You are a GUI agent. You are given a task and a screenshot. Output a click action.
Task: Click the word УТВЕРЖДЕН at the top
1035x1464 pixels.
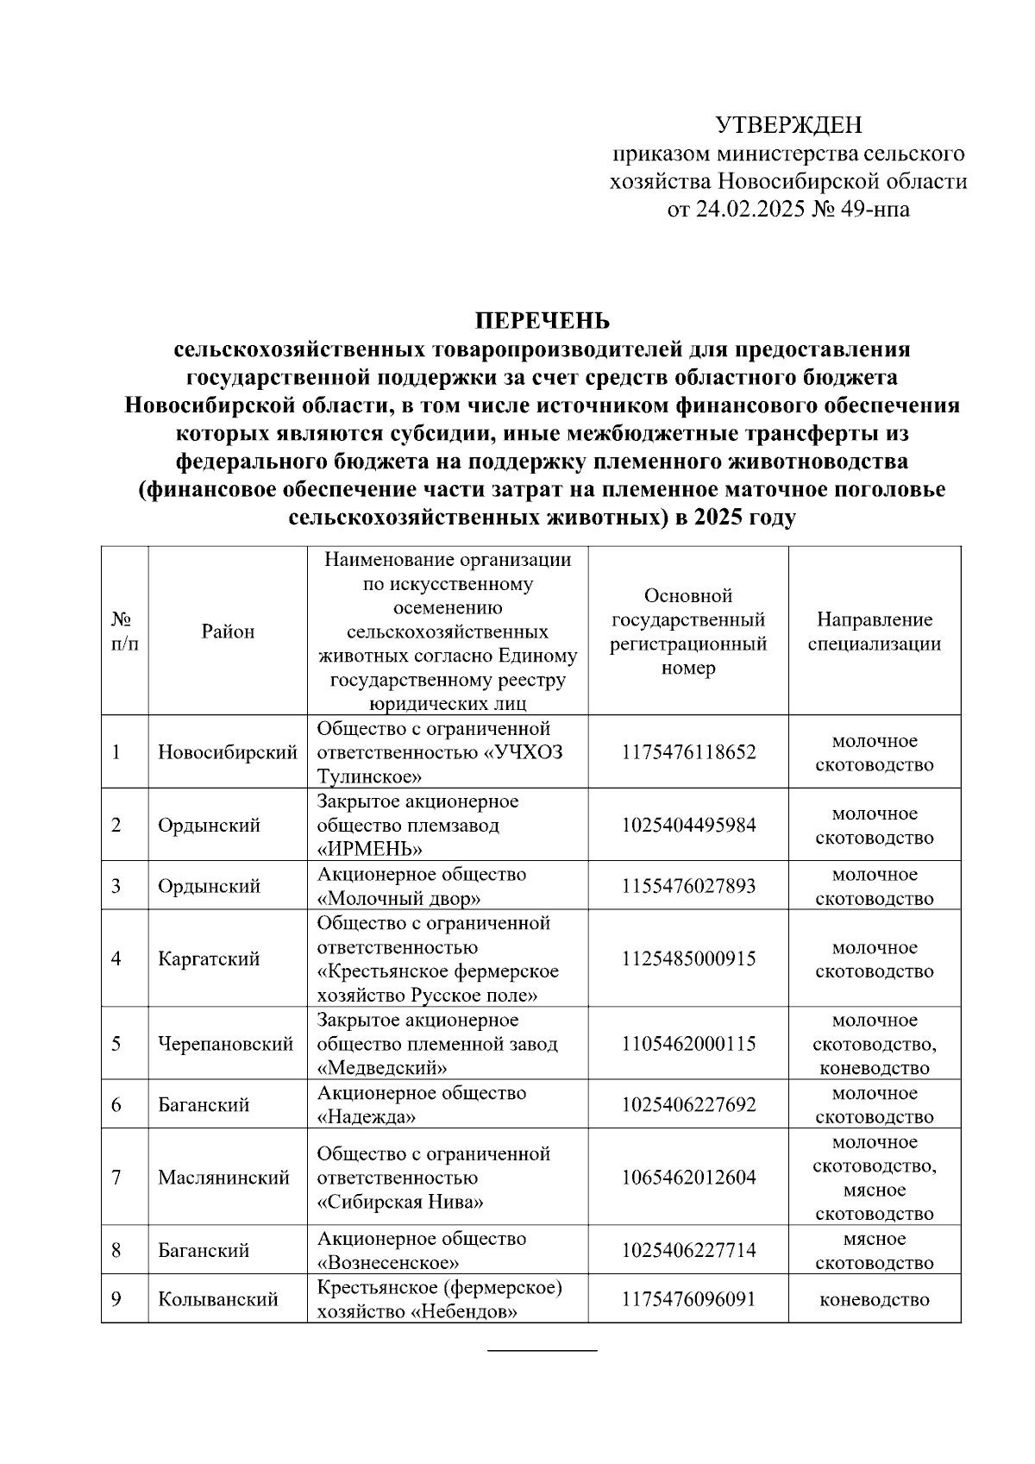788,126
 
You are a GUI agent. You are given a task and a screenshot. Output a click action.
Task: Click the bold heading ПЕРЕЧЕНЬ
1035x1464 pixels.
543,322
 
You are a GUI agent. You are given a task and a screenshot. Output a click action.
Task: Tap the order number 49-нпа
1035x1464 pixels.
871,210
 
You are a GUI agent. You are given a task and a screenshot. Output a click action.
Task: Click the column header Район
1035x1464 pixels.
229,631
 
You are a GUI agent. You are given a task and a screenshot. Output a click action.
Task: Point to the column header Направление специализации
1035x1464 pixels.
874,631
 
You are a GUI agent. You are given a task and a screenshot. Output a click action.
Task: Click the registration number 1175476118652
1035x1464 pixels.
688,752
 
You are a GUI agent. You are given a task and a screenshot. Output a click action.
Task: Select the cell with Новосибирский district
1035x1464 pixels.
228,752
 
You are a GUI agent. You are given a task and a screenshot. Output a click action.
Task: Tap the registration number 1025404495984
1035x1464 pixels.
688,826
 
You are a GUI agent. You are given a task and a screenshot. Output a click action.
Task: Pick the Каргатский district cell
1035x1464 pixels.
209,959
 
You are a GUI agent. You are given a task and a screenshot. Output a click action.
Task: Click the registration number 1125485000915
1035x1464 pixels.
688,959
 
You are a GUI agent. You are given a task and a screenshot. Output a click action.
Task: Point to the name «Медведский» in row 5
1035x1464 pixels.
382,1069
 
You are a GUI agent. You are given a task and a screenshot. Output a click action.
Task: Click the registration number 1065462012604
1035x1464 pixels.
688,1178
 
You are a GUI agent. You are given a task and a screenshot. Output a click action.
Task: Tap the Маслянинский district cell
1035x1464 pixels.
223,1178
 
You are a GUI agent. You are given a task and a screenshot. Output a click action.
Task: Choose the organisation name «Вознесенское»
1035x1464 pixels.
388,1263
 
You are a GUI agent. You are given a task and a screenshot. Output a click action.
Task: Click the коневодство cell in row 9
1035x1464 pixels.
874,1299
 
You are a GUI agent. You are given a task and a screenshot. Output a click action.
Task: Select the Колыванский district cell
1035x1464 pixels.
218,1299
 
